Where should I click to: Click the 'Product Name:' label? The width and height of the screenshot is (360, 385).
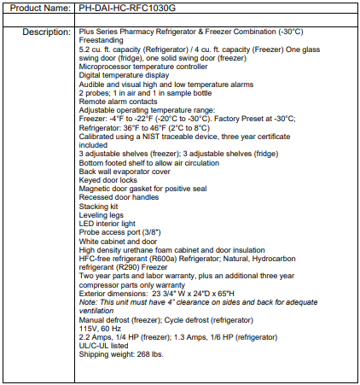(x=37, y=9)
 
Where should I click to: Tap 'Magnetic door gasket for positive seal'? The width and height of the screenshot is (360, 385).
(x=142, y=188)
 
